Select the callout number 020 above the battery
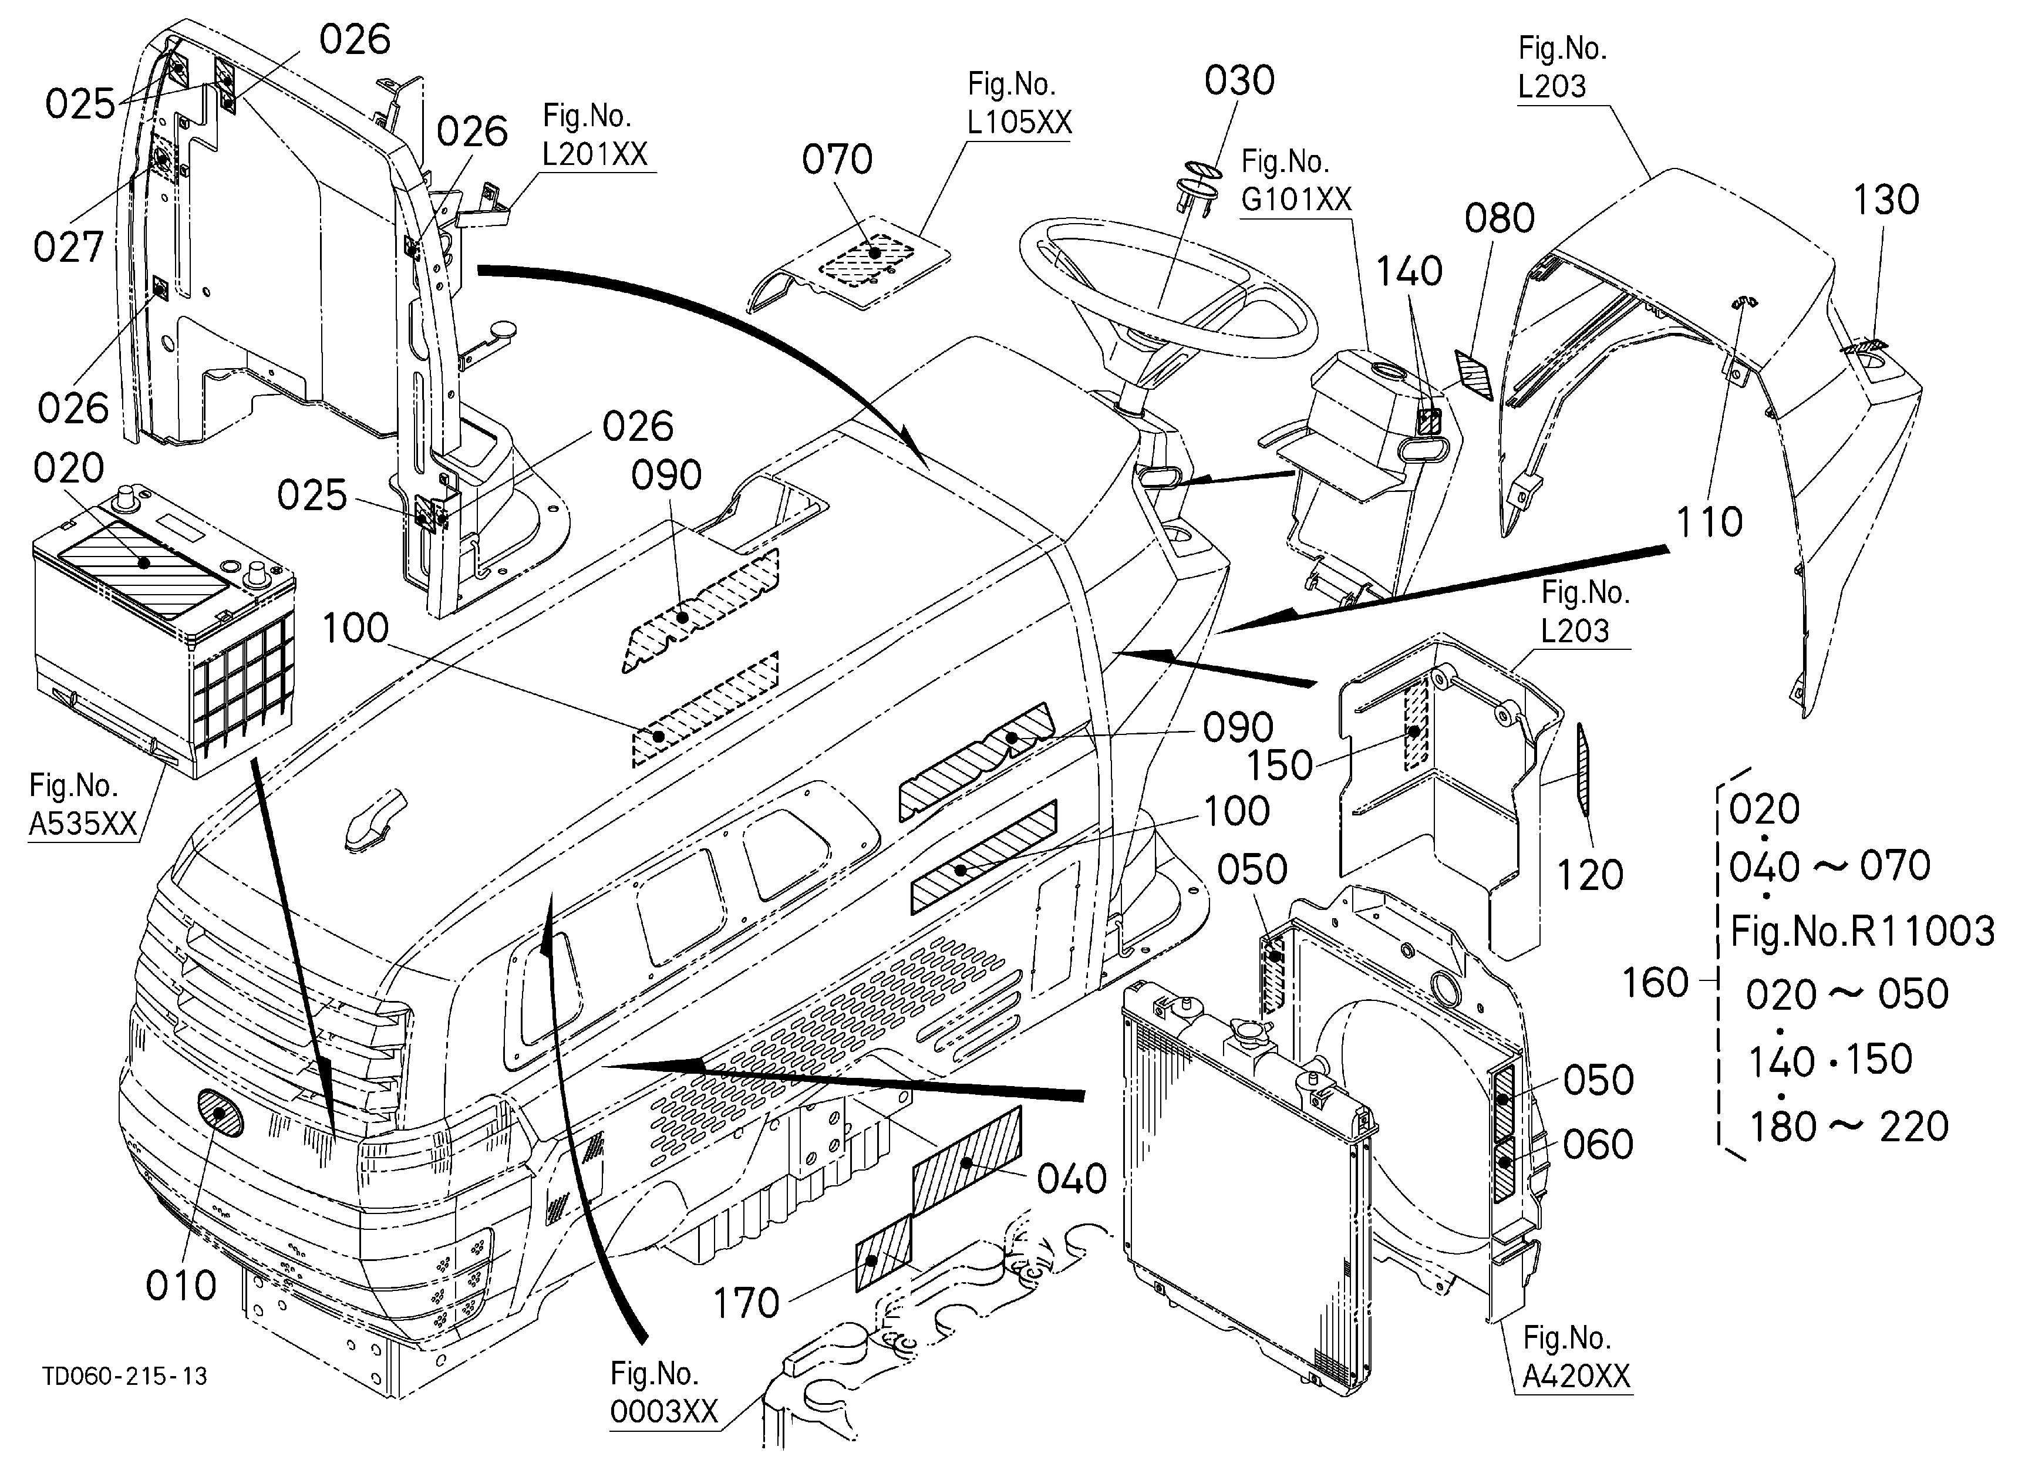coord(69,468)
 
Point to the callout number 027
coord(69,247)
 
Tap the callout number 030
coord(1239,81)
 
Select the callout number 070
coord(837,161)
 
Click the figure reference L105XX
coord(1019,122)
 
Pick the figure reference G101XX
coord(1296,199)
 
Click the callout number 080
coord(1500,218)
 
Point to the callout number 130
coord(1886,200)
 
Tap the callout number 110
coord(1710,522)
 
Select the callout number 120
coord(1590,875)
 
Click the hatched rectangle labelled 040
coord(967,1159)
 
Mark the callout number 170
coord(746,1304)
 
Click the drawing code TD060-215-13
coord(125,1376)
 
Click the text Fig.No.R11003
coord(1862,932)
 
